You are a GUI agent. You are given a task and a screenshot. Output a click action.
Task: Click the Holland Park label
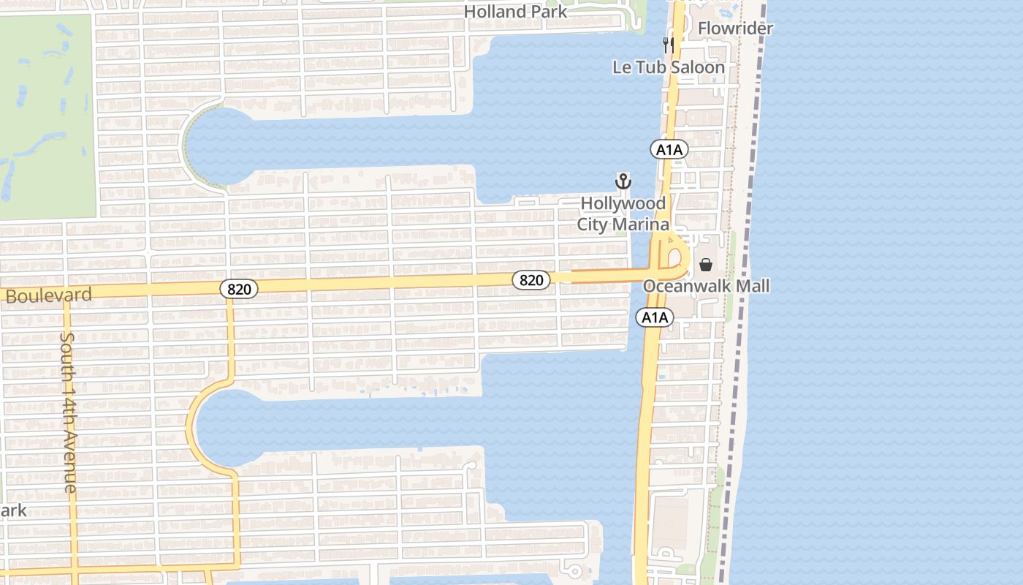515,12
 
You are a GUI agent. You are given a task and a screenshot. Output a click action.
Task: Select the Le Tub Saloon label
668,67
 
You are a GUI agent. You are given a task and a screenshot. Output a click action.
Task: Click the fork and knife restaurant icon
668,45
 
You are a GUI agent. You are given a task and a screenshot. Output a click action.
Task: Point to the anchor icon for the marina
623,181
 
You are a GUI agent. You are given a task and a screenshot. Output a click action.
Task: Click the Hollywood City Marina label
623,214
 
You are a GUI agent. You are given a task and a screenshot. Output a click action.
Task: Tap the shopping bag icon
706,265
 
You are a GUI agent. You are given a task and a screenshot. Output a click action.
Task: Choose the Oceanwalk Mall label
706,286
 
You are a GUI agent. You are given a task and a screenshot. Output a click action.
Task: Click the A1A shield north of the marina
669,150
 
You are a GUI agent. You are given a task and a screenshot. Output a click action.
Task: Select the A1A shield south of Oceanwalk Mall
653,317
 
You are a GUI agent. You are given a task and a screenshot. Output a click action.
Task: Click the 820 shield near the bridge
531,279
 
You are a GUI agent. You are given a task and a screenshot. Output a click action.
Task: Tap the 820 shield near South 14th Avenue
238,289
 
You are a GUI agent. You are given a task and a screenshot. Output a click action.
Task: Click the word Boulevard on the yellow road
49,295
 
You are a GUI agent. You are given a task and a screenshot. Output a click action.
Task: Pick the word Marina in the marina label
640,224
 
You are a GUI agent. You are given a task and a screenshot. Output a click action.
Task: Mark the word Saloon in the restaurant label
697,67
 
